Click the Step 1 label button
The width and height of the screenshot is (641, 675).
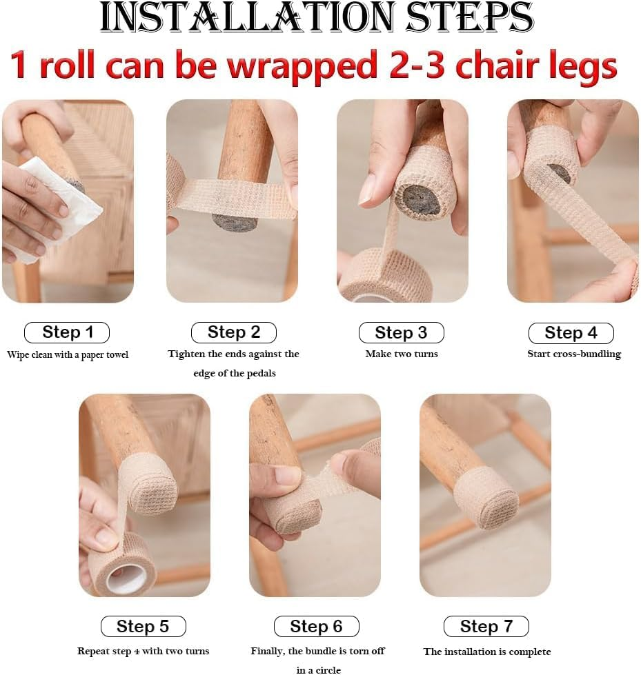pos(67,332)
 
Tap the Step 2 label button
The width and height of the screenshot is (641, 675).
pos(233,332)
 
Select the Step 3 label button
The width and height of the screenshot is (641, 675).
pos(401,333)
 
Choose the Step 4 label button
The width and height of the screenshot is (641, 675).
pos(571,333)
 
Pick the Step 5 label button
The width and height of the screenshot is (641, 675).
pos(143,626)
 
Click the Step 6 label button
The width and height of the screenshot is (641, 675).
pos(316,626)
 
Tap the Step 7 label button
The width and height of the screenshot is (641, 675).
pos(486,626)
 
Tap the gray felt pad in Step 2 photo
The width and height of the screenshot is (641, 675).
pos(235,222)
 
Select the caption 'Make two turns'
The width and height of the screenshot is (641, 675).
pos(401,354)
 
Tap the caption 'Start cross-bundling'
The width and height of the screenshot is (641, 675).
pos(573,354)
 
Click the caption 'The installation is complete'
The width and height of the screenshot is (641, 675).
pos(486,652)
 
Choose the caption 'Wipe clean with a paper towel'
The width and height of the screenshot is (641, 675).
pos(68,354)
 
